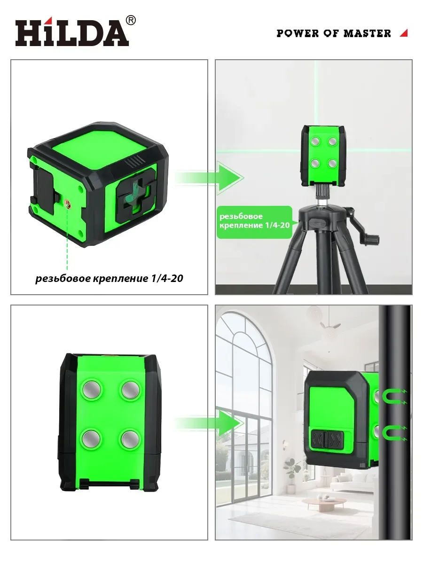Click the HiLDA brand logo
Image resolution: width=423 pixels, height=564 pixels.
tap(72, 32)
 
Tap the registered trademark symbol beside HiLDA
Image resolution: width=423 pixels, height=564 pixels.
tap(131, 20)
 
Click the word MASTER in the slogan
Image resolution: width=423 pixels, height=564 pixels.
tap(367, 33)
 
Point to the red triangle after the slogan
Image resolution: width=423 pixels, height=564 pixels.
tap(404, 33)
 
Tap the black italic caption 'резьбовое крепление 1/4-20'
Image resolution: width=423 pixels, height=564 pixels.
tap(110, 278)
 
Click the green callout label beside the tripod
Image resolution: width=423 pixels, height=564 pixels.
tap(255, 222)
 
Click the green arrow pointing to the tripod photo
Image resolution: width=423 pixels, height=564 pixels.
tap(210, 178)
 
